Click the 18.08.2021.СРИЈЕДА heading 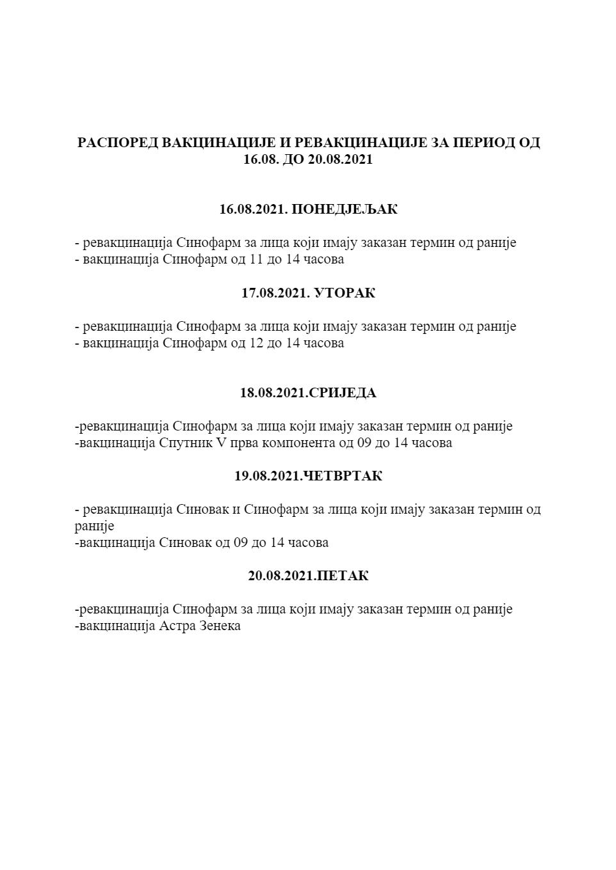pyautogui.click(x=308, y=393)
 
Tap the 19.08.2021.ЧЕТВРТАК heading pyautogui.click(x=308, y=476)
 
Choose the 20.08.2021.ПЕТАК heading pyautogui.click(x=308, y=576)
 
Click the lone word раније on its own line pyautogui.click(x=94, y=526)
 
